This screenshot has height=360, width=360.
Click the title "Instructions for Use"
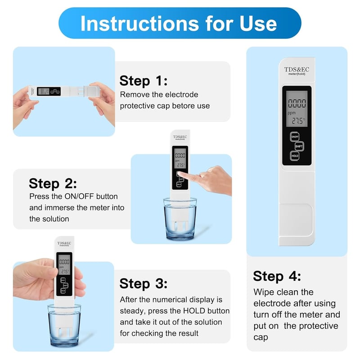[x=179, y=23]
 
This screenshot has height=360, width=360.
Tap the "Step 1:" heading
[x=144, y=81]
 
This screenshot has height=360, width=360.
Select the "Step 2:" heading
[x=53, y=184]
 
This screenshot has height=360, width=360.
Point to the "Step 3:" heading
[x=144, y=283]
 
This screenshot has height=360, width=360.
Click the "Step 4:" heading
[x=277, y=276]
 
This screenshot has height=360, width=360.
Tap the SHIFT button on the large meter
[x=299, y=146]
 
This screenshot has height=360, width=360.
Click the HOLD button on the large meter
[x=295, y=156]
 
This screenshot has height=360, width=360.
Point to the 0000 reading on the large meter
[x=297, y=103]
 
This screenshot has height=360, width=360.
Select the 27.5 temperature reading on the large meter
[x=298, y=121]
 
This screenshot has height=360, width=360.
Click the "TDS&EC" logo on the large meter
[x=297, y=69]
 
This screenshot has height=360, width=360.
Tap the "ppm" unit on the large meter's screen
[x=292, y=113]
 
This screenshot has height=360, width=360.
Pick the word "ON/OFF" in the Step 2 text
[x=79, y=197]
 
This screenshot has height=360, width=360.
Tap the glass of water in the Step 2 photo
[x=180, y=219]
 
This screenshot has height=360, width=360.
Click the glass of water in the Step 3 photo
[x=64, y=326]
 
